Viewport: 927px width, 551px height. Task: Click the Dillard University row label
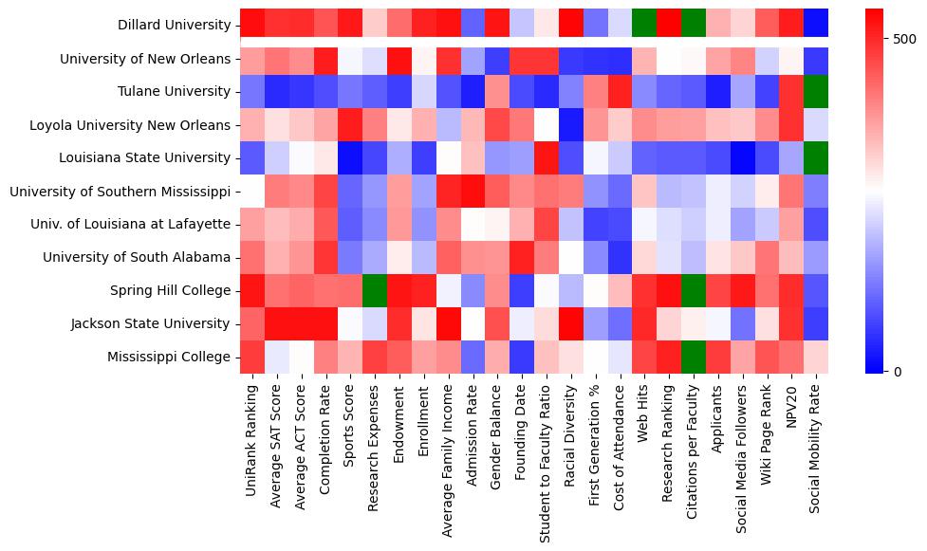(174, 26)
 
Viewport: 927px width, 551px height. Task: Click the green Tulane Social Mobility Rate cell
(815, 92)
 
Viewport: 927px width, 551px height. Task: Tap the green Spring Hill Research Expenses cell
(374, 290)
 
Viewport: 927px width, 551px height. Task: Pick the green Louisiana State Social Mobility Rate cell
(815, 158)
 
